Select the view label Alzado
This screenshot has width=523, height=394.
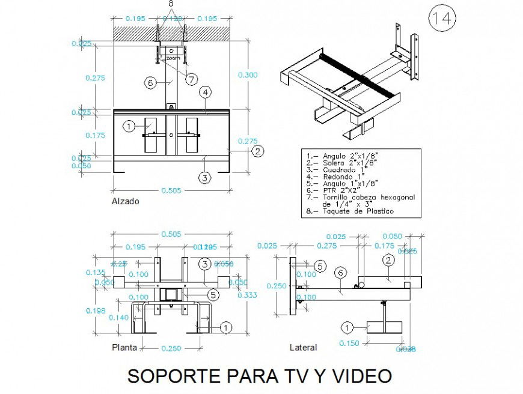126,201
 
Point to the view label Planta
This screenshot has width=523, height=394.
124,347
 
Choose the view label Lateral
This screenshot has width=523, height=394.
303,347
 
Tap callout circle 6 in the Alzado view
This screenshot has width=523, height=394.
150,82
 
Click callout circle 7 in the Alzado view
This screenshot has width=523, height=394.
192,79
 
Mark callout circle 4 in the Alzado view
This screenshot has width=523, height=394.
206,92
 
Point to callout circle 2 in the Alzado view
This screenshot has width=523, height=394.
257,151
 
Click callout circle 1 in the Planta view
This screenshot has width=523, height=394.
225,327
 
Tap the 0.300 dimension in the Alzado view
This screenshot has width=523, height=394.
247,75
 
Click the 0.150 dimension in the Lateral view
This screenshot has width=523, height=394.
349,343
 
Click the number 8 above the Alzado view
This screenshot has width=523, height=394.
171,4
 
